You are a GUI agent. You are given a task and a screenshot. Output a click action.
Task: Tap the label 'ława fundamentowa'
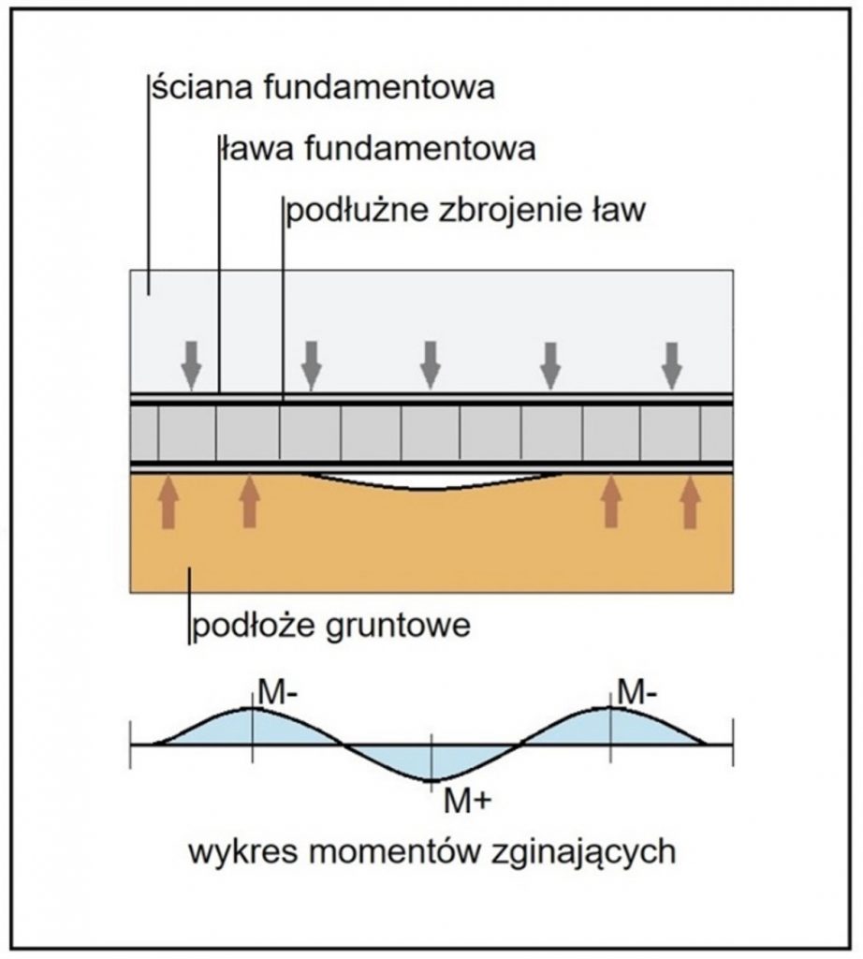(x=378, y=149)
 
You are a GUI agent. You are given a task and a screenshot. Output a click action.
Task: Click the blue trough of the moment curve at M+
(x=431, y=762)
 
